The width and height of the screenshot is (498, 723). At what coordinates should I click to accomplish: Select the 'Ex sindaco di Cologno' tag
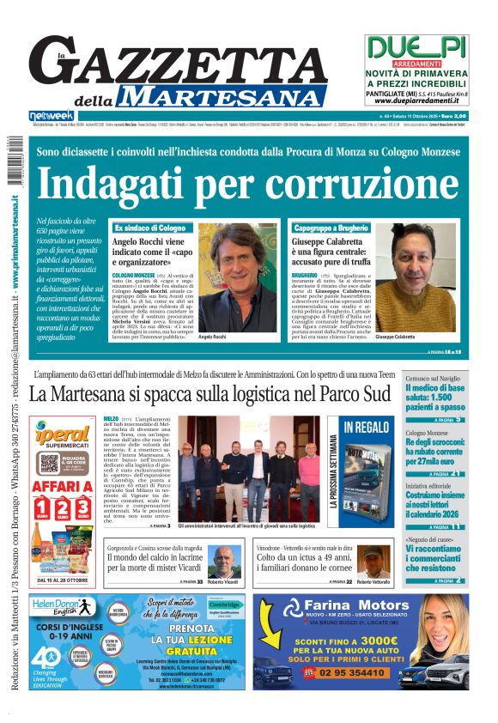149,228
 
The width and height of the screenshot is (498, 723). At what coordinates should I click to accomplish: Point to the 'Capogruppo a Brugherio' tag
331,228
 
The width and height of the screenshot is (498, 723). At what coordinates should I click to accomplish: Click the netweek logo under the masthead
52,116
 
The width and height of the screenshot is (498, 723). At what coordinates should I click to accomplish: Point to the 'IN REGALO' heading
367,427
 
